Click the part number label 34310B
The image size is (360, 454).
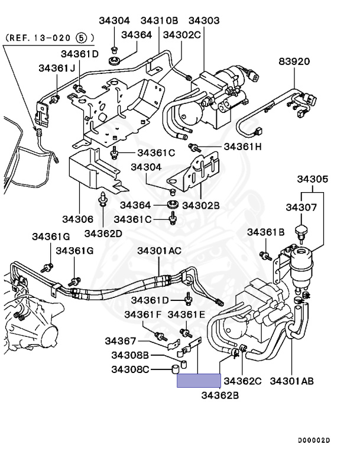159,21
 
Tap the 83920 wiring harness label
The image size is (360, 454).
294,61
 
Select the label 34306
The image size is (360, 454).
77,219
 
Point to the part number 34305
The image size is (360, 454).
313,179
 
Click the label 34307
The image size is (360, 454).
301,207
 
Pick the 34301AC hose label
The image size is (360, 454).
159,251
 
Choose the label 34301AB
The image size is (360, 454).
291,381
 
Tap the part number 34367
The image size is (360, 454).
121,341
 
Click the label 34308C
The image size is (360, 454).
130,369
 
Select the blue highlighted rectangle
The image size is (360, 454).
199,381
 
